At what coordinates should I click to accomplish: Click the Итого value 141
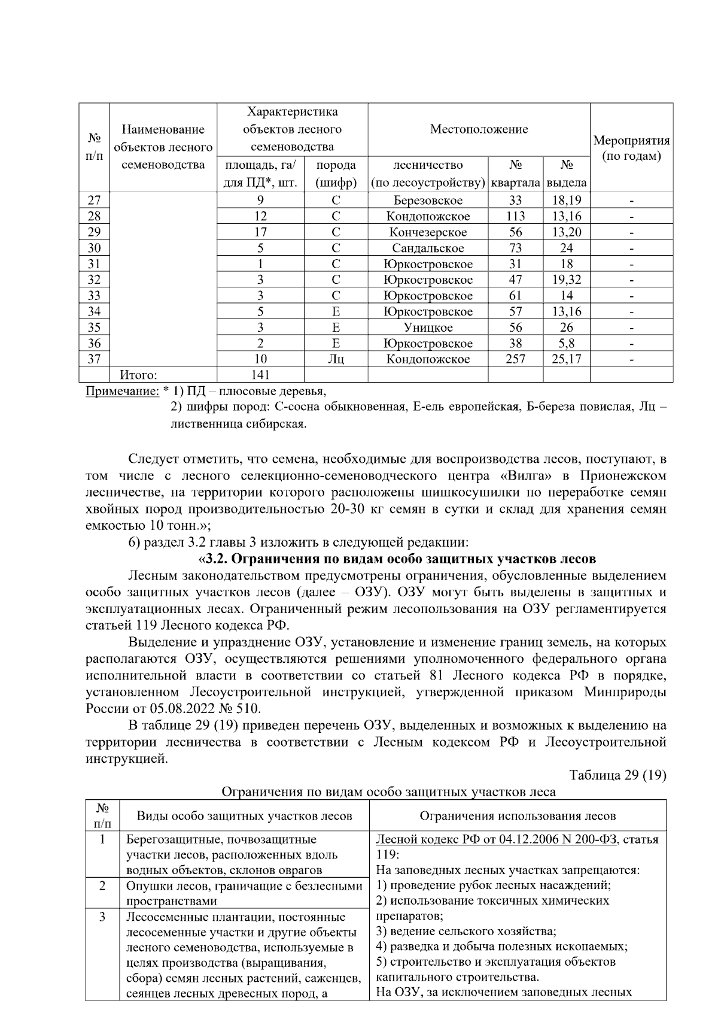point(260,375)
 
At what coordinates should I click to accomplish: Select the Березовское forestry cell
point(428,201)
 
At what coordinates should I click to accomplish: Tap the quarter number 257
point(515,359)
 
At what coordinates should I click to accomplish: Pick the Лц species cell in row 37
point(336,359)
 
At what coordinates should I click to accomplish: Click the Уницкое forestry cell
point(428,327)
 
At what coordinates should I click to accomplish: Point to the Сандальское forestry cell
point(428,248)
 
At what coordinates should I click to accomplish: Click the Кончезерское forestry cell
point(428,232)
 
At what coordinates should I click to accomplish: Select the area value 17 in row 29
point(260,232)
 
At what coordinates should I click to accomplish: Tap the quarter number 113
point(515,216)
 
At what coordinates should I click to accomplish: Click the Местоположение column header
point(479,129)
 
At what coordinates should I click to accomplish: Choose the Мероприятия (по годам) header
point(631,148)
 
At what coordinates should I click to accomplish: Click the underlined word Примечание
point(122,392)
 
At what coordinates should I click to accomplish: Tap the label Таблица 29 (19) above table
point(617,775)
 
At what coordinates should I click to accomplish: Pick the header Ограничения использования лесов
point(518,815)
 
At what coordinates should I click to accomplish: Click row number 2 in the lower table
point(102,885)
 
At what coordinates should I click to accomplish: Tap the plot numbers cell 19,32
point(566,280)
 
